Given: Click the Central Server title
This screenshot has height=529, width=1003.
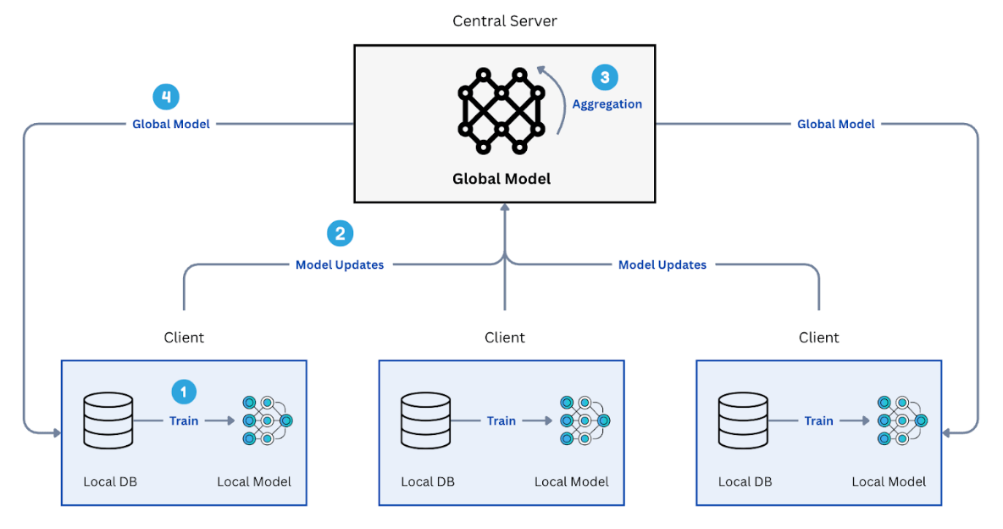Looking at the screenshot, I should click(504, 20).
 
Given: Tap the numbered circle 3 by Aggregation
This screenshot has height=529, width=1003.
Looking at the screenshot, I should click(604, 77).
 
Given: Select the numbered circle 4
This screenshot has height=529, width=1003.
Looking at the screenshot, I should click(166, 97).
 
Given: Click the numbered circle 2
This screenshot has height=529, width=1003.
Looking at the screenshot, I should click(340, 234).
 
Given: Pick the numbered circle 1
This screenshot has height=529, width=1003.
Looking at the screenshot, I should click(184, 391).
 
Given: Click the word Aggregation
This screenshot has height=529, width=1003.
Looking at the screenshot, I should click(607, 104).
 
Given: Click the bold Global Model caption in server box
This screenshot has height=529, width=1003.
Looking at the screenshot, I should click(501, 179).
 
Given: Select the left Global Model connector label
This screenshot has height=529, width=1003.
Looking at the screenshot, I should click(171, 124).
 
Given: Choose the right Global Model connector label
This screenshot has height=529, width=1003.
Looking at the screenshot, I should click(835, 124).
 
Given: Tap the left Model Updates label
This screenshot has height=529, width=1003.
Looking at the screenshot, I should click(340, 264).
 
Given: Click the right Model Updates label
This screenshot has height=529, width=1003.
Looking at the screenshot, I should click(662, 264).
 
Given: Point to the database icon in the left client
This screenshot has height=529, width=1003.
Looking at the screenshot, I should click(108, 420).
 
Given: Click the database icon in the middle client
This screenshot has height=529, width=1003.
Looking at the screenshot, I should click(426, 420).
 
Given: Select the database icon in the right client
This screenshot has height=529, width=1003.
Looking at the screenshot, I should click(743, 420).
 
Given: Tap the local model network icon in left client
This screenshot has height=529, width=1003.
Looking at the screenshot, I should click(266, 420).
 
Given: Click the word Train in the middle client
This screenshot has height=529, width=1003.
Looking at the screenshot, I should click(501, 420).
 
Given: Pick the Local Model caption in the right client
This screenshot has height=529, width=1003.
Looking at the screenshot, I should click(889, 482).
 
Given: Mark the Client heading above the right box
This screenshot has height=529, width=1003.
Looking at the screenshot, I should click(818, 337).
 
